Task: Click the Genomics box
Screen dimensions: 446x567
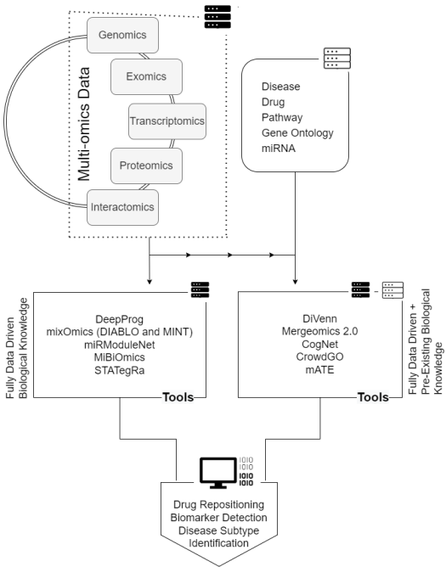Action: (122, 35)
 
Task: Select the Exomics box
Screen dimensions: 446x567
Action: (146, 76)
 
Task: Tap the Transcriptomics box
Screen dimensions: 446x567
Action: (167, 121)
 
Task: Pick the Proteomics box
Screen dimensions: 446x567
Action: (146, 166)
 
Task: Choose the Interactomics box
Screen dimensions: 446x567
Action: (122, 207)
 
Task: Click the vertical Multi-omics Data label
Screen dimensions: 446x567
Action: (83, 124)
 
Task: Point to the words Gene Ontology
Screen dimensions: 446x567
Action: (297, 133)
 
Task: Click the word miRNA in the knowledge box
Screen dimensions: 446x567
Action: (279, 149)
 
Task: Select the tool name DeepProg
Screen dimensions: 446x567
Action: (120, 320)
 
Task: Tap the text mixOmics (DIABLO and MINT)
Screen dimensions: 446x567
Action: (120, 332)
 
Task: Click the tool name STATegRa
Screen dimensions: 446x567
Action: (120, 371)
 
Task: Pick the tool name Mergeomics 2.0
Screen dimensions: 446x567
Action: (319, 331)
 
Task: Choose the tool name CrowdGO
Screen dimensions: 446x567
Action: (319, 356)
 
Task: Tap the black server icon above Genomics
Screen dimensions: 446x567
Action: (217, 17)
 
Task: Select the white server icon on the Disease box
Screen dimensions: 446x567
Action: (337, 59)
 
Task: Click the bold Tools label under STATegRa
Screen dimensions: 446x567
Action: (178, 397)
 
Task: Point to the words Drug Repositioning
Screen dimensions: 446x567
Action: (218, 504)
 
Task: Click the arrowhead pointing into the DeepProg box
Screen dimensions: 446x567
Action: (150, 282)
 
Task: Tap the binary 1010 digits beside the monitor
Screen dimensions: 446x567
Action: (246, 472)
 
